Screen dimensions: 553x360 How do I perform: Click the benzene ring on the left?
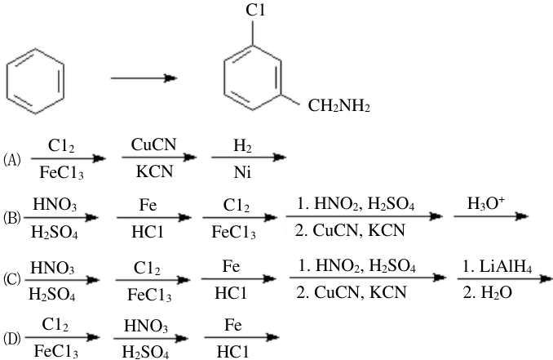tap(7, 81)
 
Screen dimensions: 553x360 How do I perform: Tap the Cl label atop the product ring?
tap(255, 11)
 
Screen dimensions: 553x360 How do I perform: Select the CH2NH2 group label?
tap(339, 105)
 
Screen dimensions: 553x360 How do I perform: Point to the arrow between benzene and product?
tap(144, 78)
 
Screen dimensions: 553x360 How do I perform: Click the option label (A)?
tap(12, 160)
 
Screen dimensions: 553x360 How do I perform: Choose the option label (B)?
tap(12, 218)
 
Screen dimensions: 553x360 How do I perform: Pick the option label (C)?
tap(12, 279)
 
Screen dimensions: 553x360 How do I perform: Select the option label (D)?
tap(12, 338)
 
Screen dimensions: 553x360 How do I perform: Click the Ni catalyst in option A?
tap(242, 172)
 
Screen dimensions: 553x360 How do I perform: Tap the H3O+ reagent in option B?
tap(486, 203)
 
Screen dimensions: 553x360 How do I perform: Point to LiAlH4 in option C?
tap(497, 266)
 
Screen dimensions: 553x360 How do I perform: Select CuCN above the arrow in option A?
tap(154, 144)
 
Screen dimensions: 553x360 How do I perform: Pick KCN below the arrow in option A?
tap(154, 171)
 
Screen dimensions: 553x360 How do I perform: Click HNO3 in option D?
tap(146, 326)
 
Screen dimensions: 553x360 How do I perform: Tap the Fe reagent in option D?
tap(232, 325)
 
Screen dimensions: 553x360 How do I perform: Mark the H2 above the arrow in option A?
tap(242, 146)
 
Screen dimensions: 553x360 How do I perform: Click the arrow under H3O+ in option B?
tap(490, 216)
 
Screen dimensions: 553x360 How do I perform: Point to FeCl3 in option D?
tap(56, 352)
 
